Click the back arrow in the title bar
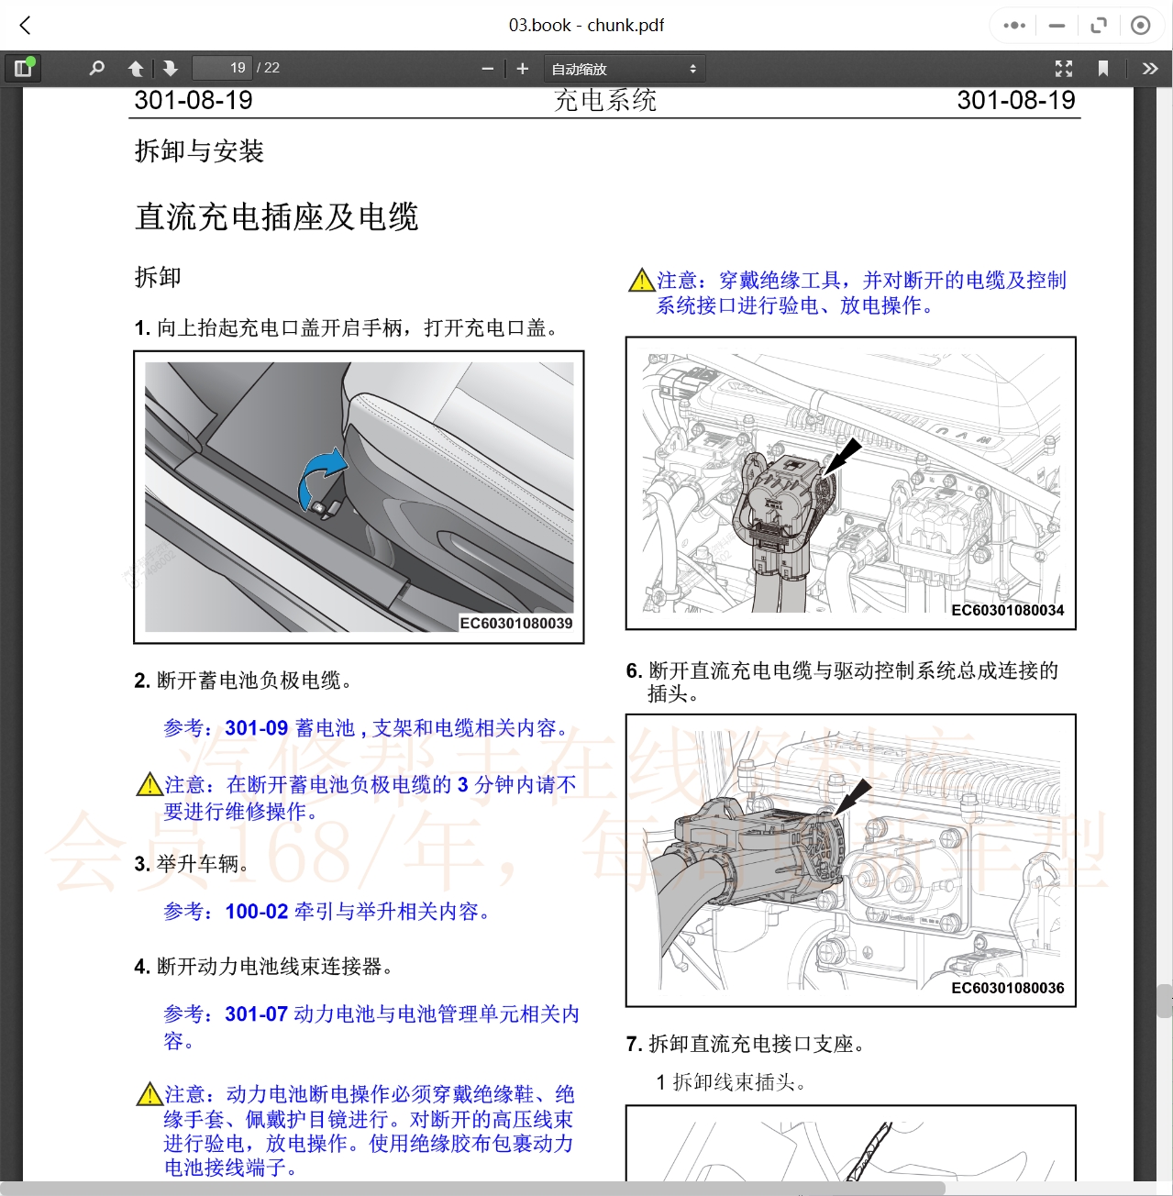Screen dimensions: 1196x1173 [26, 26]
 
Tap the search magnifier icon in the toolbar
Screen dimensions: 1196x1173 [96, 68]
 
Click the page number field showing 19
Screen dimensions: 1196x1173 [223, 68]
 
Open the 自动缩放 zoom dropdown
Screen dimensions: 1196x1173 [624, 69]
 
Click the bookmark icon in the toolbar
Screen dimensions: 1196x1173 [1103, 69]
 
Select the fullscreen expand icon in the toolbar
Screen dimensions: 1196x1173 [1064, 69]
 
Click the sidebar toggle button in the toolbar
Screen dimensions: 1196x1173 [23, 68]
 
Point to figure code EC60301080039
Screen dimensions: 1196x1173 [515, 624]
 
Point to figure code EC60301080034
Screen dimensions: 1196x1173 [1007, 611]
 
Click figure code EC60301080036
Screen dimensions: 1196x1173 [1007, 988]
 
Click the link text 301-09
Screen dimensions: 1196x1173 [257, 728]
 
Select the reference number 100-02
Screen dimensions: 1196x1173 [257, 912]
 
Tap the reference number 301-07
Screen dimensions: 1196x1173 [257, 1014]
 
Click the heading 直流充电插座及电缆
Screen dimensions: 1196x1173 [276, 217]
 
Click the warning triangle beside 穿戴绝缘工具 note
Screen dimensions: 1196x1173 [641, 281]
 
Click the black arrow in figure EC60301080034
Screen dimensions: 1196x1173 [845, 456]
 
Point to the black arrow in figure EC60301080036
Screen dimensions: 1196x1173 [853, 795]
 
